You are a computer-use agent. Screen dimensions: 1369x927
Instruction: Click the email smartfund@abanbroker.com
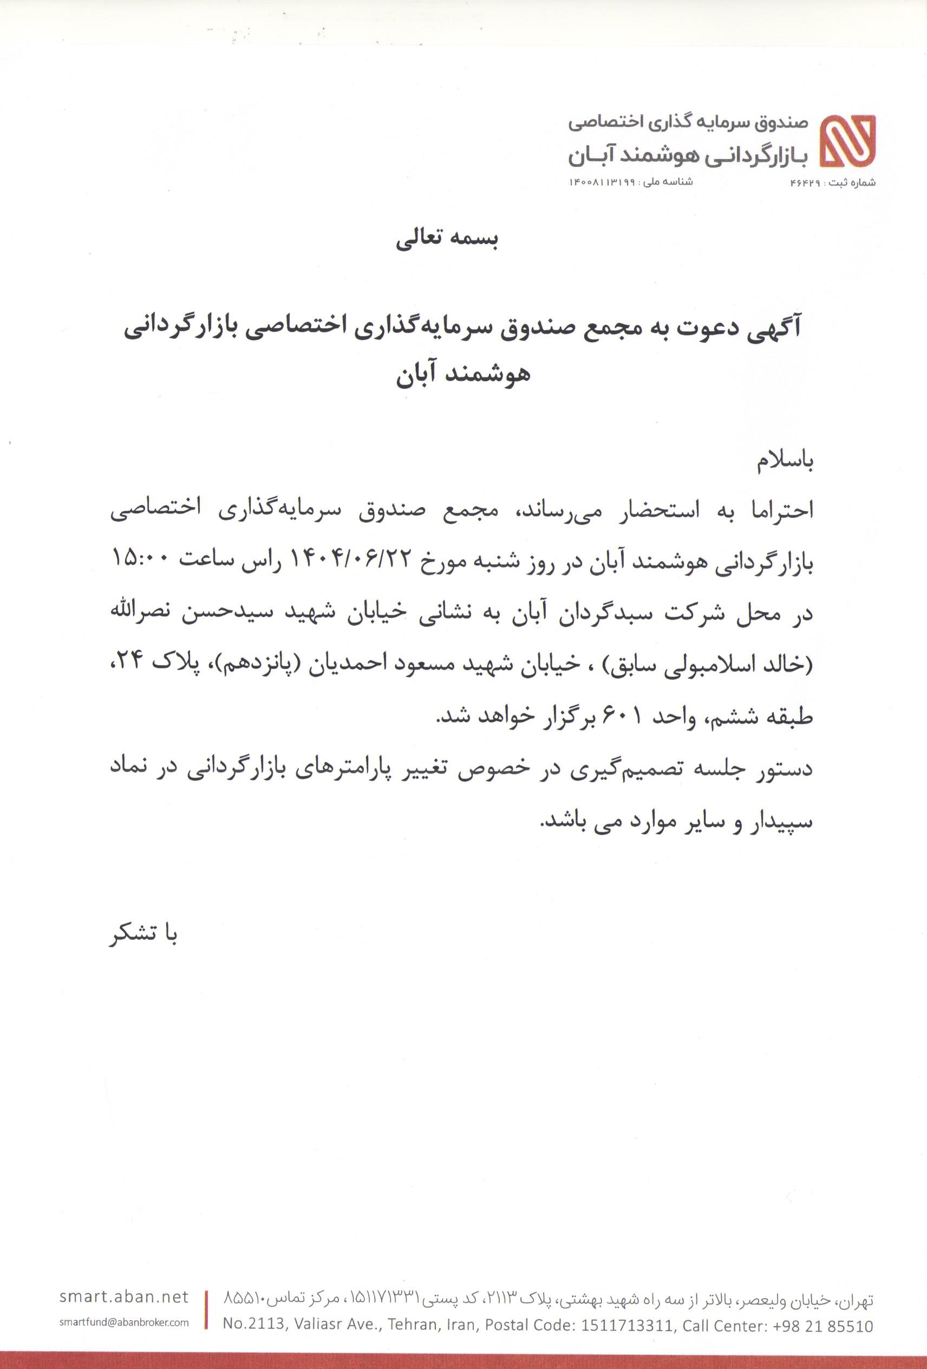[124, 1322]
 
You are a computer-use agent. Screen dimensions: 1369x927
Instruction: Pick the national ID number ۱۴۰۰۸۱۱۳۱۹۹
[602, 182]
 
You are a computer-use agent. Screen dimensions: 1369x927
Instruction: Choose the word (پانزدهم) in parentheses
[344, 666]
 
